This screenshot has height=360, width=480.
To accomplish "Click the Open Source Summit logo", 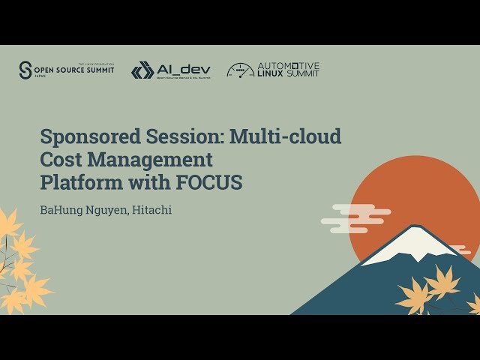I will click(67, 70).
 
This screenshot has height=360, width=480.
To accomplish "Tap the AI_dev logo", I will click(171, 70).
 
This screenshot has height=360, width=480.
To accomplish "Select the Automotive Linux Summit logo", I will click(273, 70).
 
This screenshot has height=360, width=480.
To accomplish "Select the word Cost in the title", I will click(59, 160).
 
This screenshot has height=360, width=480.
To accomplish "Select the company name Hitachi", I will click(152, 210).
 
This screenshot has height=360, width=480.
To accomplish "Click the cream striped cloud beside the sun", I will click(354, 217).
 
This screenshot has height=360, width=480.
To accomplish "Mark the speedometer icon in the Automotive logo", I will click(241, 70).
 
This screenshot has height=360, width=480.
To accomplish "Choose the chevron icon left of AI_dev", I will click(142, 70).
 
